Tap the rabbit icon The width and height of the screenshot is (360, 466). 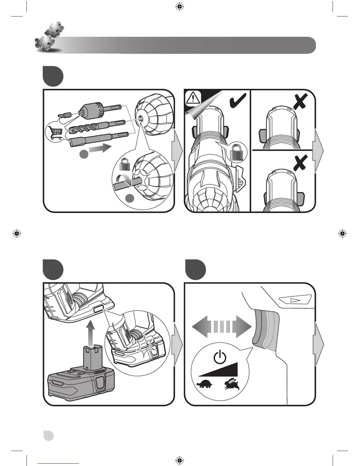pos(232,384)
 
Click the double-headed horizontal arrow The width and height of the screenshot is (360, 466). pos(222,327)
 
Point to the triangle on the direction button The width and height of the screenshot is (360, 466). pos(294,300)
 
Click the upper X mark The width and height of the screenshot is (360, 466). pos(301,101)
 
